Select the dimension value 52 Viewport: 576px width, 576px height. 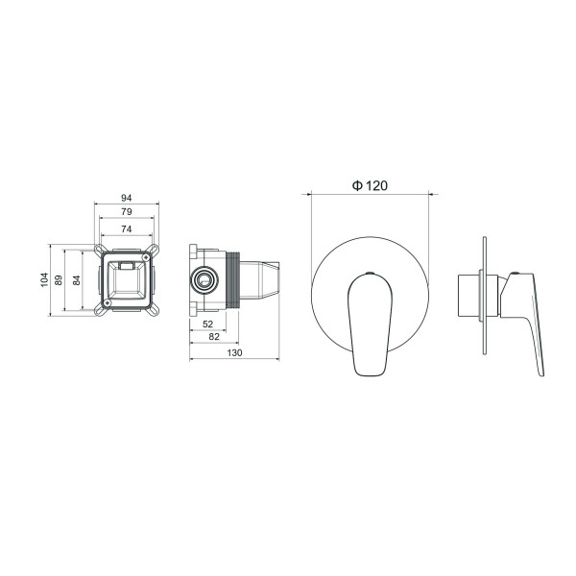tap(209, 324)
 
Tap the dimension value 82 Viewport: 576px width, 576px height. tap(213, 337)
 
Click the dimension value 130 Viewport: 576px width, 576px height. tap(232, 353)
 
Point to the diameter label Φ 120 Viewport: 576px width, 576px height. tap(370, 186)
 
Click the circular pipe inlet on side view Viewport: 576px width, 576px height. tap(204, 279)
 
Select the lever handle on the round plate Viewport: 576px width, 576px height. tap(368, 322)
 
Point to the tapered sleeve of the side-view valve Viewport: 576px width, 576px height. tap(263, 279)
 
